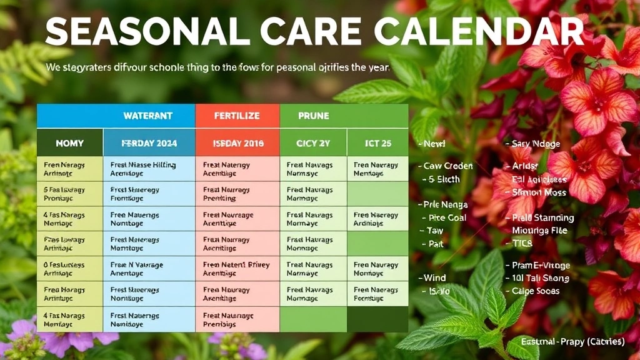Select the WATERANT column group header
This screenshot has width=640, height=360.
pyautogui.click(x=147, y=116)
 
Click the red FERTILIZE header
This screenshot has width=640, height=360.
pyautogui.click(x=237, y=116)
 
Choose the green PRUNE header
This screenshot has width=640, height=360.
pyautogui.click(x=314, y=116)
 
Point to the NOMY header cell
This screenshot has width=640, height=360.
pyautogui.click(x=69, y=143)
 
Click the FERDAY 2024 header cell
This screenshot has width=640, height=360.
pyautogui.click(x=149, y=143)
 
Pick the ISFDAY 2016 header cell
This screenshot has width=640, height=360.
pyautogui.click(x=237, y=143)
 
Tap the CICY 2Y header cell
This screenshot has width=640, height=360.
pyautogui.click(x=312, y=143)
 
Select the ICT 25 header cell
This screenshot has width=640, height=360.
pyautogui.click(x=377, y=143)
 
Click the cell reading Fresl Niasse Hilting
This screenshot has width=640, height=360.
pyautogui.click(x=149, y=169)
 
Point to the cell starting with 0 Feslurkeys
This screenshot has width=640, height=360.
pyautogui.click(x=69, y=269)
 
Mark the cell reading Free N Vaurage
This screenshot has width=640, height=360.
pyautogui.click(x=149, y=269)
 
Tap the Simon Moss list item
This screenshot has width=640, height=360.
pyautogui.click(x=539, y=192)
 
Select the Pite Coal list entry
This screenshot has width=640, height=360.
pyautogui.click(x=447, y=218)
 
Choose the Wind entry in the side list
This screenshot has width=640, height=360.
pyautogui.click(x=434, y=278)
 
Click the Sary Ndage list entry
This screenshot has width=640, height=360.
pyautogui.click(x=536, y=144)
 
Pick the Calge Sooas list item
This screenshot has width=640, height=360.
pyautogui.click(x=535, y=291)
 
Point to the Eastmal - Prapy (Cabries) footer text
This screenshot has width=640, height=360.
pyautogui.click(x=572, y=342)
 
